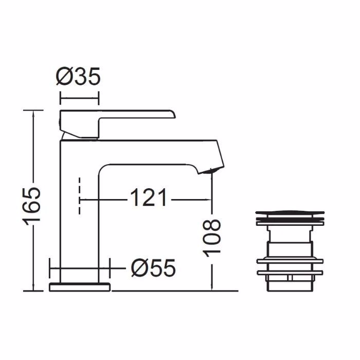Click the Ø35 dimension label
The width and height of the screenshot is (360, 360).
point(78,77)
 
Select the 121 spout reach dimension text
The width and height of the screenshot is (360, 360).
point(149,197)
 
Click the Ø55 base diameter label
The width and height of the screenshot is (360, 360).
point(153,268)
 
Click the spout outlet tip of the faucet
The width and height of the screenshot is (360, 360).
point(211,171)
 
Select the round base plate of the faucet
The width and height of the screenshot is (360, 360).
point(80,287)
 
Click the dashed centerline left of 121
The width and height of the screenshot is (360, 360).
point(79,196)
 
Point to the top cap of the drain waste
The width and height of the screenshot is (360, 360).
point(290,213)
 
